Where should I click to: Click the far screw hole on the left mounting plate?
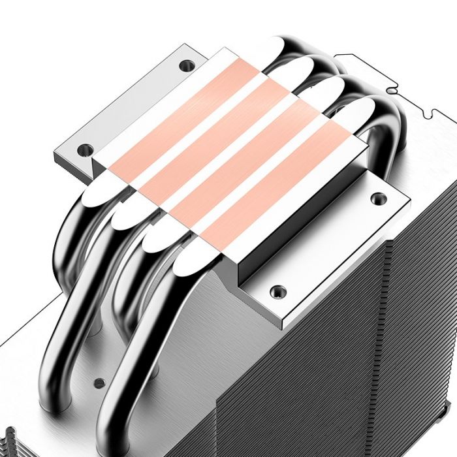pos(187,65)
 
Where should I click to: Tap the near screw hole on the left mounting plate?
pos(84,150)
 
